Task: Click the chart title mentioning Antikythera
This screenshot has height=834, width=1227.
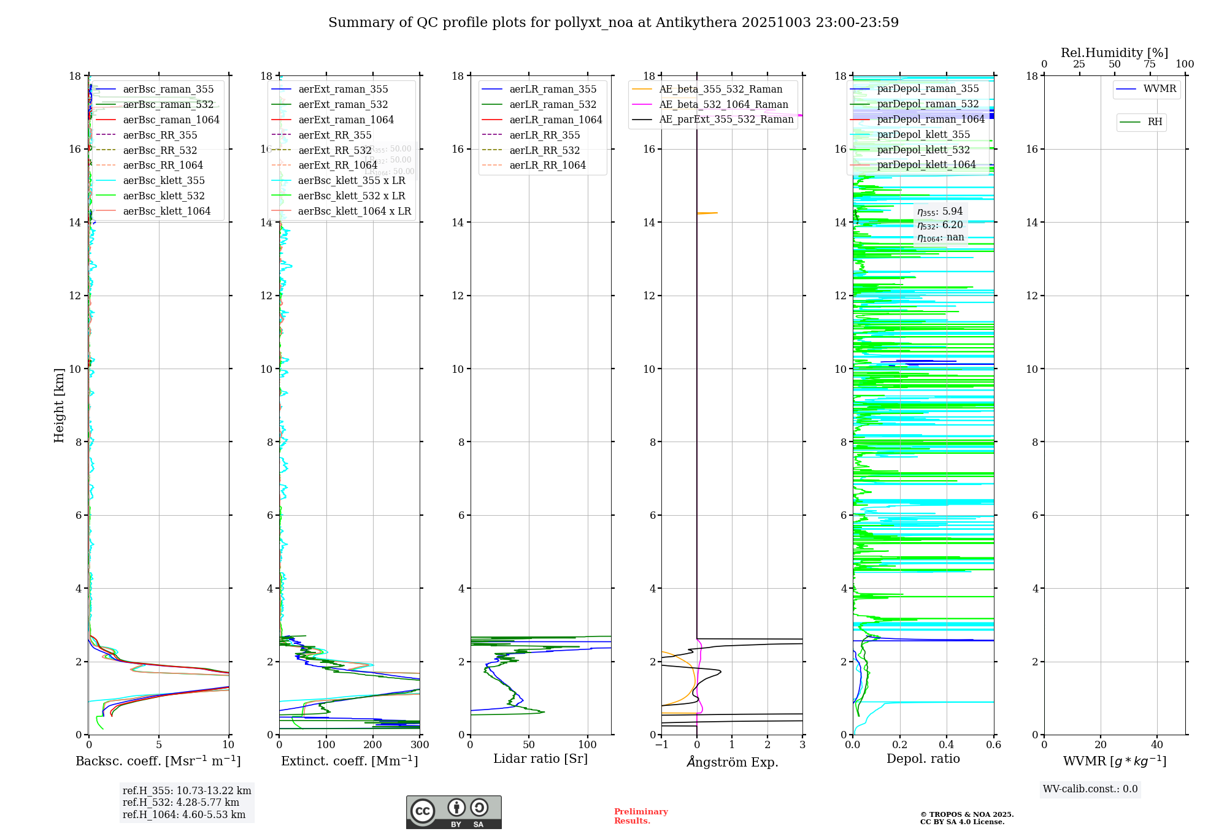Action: point(613,23)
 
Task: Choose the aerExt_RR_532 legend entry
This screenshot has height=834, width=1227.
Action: point(334,150)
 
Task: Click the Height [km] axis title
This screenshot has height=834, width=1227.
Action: point(59,405)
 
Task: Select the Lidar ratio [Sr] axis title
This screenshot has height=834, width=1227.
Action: point(540,759)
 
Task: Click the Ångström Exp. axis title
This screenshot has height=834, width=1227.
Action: point(732,762)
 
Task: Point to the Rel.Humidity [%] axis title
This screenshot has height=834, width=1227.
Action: point(1114,53)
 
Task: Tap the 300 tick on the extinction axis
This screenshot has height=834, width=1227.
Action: point(420,745)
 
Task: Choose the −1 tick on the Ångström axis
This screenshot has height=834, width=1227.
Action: point(661,745)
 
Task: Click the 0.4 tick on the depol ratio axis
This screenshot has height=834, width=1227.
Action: point(947,745)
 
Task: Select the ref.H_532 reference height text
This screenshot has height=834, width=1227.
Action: point(181,803)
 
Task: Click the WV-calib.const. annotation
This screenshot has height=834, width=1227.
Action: point(1090,789)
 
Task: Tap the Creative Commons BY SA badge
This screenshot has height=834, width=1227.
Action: point(453,813)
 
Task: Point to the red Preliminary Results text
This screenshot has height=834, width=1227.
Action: point(640,816)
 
